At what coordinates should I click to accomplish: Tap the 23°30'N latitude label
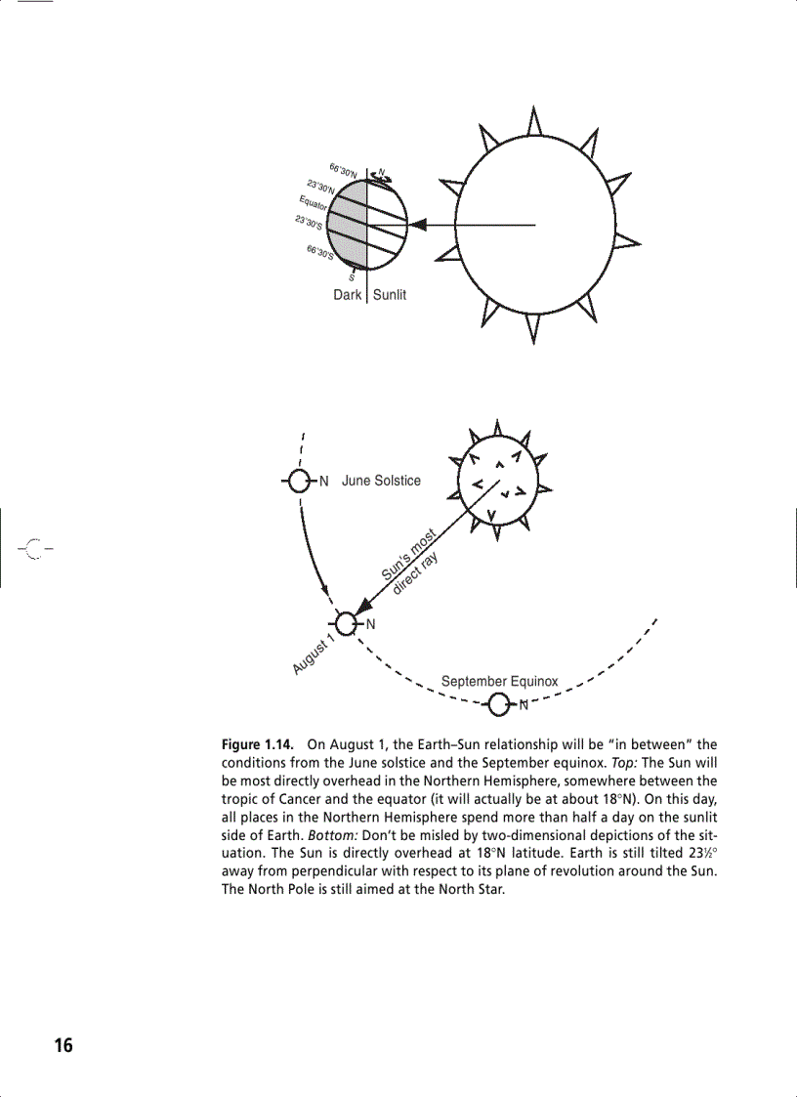(x=320, y=186)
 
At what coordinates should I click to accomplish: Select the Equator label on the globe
(x=313, y=203)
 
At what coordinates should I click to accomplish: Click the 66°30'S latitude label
(x=320, y=253)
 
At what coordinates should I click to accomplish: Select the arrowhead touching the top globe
(x=417, y=225)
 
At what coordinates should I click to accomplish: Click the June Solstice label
(x=381, y=481)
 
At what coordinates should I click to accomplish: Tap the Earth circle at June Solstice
(x=301, y=481)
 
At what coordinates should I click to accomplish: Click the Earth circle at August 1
(x=346, y=623)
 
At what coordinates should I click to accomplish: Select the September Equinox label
(x=499, y=681)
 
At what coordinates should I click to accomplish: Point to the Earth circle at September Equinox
(x=499, y=703)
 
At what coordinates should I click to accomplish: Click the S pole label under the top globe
(x=352, y=277)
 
